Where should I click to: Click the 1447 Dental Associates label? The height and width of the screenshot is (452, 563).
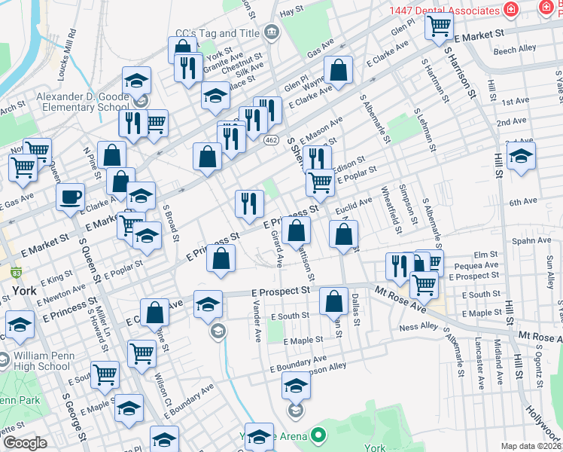click(444, 11)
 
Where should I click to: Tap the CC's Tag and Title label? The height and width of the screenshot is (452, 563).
click(217, 33)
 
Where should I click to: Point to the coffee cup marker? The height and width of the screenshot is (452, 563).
click(71, 197)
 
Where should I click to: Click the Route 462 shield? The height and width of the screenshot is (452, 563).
click(272, 140)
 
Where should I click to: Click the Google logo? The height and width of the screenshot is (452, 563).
click(25, 443)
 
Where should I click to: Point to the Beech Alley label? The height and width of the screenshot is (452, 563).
click(515, 48)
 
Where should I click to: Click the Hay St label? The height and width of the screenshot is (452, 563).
click(291, 11)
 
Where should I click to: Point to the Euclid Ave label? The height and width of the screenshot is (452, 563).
click(354, 204)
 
